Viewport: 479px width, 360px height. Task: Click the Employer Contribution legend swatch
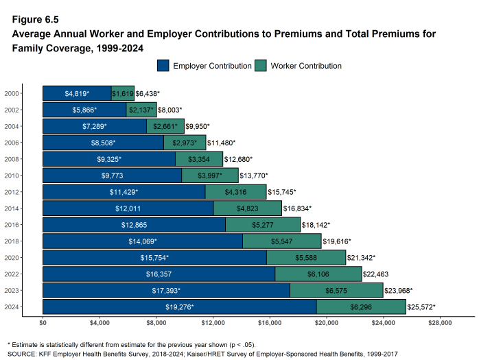(163, 66)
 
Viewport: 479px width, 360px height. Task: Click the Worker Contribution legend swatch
(261, 66)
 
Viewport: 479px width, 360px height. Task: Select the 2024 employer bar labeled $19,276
(179, 307)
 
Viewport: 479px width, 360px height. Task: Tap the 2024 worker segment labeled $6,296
(361, 307)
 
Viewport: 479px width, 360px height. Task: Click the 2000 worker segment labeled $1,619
(123, 93)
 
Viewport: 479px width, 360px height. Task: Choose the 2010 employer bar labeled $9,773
(112, 176)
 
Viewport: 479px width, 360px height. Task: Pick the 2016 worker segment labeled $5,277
(263, 225)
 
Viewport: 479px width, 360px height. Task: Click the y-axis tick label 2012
(12, 192)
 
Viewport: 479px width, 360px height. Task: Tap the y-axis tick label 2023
(12, 291)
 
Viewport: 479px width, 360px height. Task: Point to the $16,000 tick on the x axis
(270, 322)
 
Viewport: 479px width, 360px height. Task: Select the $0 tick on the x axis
(43, 322)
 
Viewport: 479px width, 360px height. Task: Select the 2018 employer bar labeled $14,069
(142, 241)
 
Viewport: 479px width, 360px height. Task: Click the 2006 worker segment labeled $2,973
(185, 143)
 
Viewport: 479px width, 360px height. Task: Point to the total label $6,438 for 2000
(148, 93)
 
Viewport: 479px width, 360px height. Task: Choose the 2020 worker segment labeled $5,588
(306, 258)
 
